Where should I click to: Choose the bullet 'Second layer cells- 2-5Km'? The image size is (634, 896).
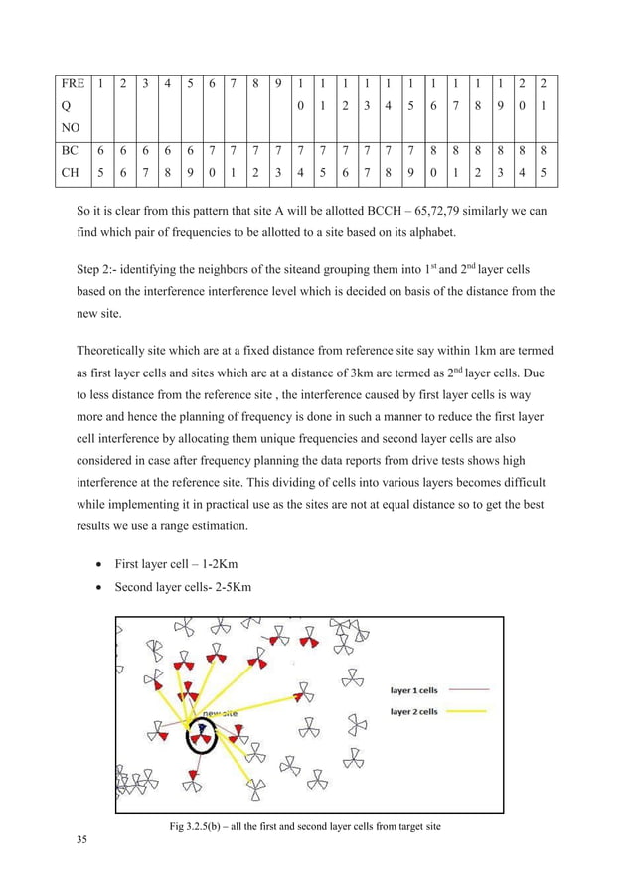(183, 587)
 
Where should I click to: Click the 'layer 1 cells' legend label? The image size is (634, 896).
(413, 689)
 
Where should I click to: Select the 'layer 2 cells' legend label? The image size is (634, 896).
(413, 711)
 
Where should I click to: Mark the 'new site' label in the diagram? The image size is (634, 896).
(219, 712)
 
